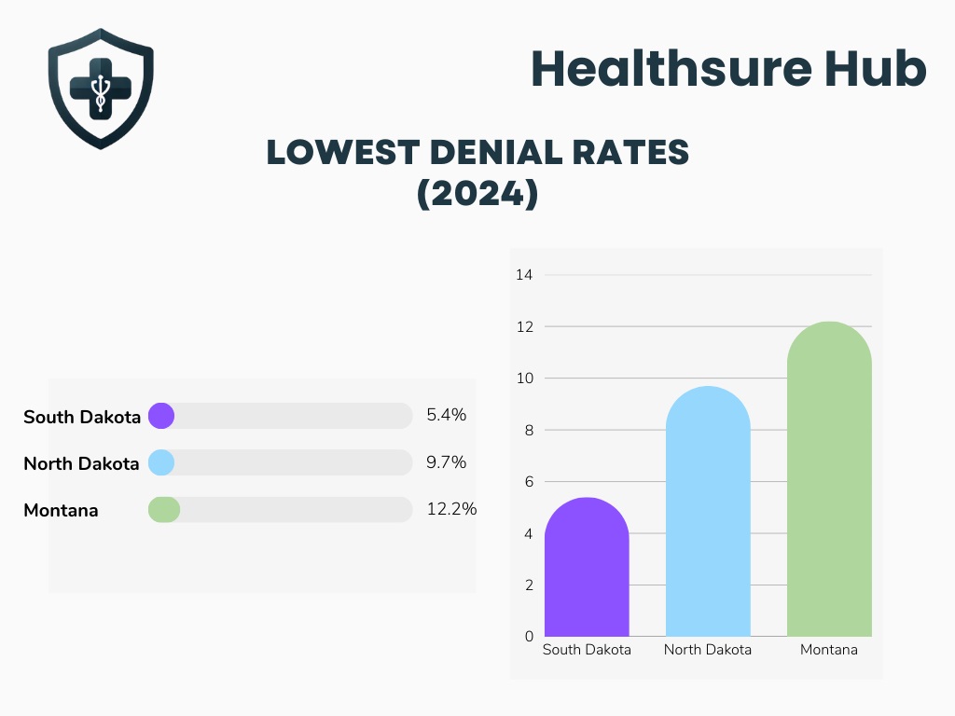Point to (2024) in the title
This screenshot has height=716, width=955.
point(477,194)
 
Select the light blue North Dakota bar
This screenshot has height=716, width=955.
point(708,513)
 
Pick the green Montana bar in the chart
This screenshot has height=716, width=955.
point(829,480)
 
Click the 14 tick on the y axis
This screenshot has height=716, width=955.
point(524,275)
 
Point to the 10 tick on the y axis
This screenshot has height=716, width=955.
point(524,379)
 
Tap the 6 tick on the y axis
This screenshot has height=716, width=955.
point(528,482)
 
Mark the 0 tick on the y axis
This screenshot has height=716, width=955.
point(528,636)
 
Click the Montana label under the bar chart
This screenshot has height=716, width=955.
point(828,650)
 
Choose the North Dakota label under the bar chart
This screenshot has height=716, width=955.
point(707,650)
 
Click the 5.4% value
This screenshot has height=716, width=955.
point(446,416)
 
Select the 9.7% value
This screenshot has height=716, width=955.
point(446,462)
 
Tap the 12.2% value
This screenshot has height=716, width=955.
point(451,509)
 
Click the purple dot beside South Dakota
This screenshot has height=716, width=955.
point(161,416)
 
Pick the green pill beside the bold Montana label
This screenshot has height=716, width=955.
point(164,510)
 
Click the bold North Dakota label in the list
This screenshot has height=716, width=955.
point(81,463)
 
